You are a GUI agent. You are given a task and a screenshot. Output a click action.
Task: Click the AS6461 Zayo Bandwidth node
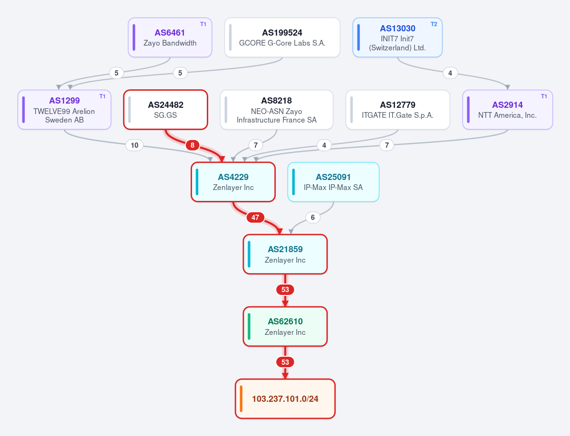point(170,38)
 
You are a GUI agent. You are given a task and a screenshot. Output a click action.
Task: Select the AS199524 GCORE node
point(282,38)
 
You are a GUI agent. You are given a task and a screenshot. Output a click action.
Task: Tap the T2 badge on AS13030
point(434,24)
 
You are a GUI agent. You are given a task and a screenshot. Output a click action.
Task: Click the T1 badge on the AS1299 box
point(102,96)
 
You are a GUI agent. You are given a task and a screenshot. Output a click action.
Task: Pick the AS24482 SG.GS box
point(165,110)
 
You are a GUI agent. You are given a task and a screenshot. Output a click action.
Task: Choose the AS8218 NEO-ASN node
point(277,110)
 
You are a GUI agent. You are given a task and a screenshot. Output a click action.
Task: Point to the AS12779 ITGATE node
point(398,110)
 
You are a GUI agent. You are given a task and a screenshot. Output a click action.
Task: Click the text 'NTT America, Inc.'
point(507,115)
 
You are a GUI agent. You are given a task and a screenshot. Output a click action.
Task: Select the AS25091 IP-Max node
point(333,182)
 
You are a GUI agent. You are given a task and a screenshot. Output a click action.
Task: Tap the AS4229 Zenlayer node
point(233,182)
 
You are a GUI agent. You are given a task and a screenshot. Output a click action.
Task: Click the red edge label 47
point(255,218)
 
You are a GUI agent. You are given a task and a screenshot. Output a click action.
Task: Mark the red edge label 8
point(193,145)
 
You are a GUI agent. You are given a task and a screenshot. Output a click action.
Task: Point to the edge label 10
point(135,145)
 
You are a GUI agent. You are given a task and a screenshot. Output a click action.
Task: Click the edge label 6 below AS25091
point(313,218)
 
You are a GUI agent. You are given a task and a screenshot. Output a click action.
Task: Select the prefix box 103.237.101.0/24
point(285,399)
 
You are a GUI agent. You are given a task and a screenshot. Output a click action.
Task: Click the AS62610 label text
point(285,321)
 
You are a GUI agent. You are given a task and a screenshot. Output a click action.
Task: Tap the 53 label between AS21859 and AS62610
point(285,290)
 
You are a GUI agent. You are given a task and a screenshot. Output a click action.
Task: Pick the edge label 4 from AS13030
point(450,73)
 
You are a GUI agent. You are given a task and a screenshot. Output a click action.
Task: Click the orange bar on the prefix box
point(241,399)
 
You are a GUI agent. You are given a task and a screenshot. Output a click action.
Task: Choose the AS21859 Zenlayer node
point(285,254)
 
